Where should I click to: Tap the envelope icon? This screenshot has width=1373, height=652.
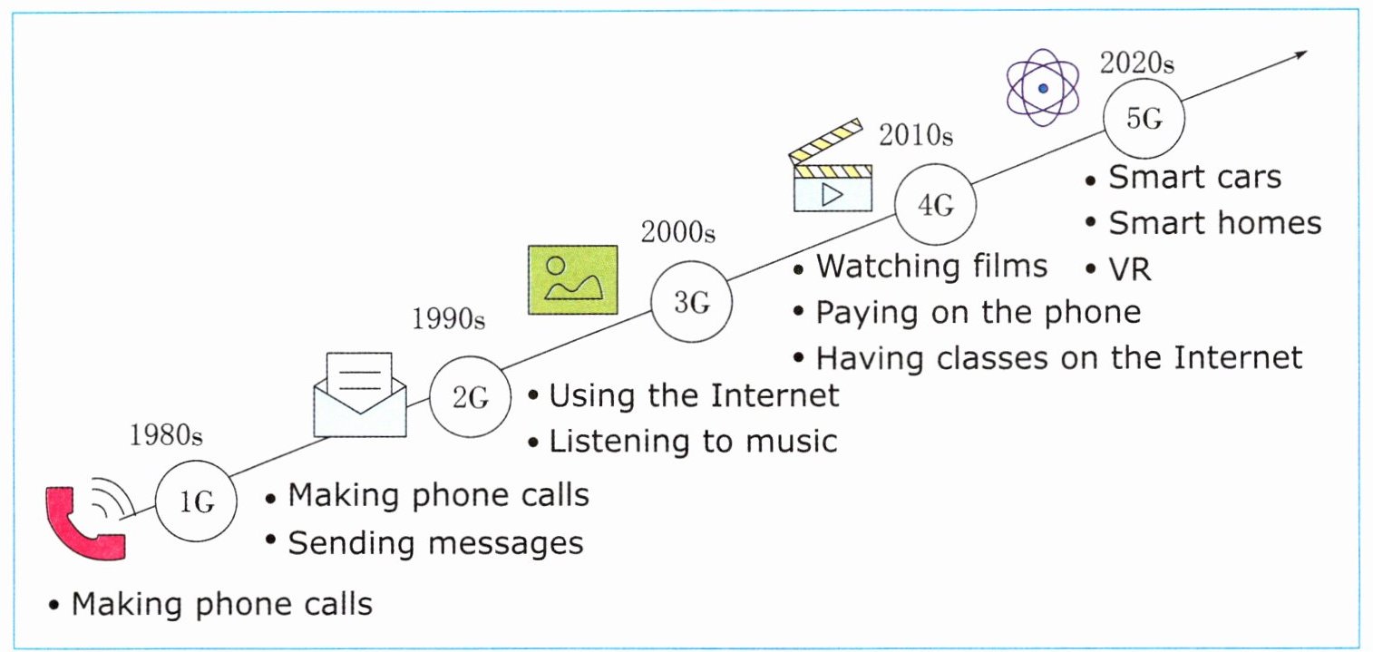(x=360, y=394)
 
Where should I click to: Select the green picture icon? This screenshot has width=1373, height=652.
(x=573, y=279)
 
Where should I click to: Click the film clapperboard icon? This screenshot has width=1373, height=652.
(x=829, y=167)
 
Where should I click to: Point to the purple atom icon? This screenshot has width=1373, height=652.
(x=1043, y=88)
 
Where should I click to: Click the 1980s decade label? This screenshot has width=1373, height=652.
(x=165, y=435)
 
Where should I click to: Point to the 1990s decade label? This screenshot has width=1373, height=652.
(x=448, y=318)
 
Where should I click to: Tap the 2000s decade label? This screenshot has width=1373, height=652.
(x=678, y=232)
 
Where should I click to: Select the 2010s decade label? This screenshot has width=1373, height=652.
(x=916, y=135)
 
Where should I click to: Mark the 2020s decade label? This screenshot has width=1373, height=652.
(x=1137, y=63)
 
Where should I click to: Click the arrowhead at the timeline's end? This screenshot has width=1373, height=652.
(x=1300, y=54)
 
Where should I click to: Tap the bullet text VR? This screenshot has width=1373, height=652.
(x=1130, y=269)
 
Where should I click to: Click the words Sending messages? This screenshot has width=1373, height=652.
(x=436, y=543)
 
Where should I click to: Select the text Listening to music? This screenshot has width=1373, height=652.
(x=693, y=442)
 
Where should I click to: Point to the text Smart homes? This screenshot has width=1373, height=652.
(x=1215, y=222)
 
